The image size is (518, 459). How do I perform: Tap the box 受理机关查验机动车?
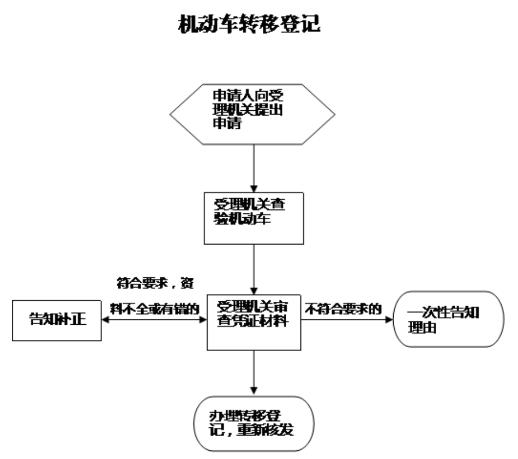pyautogui.click(x=253, y=218)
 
